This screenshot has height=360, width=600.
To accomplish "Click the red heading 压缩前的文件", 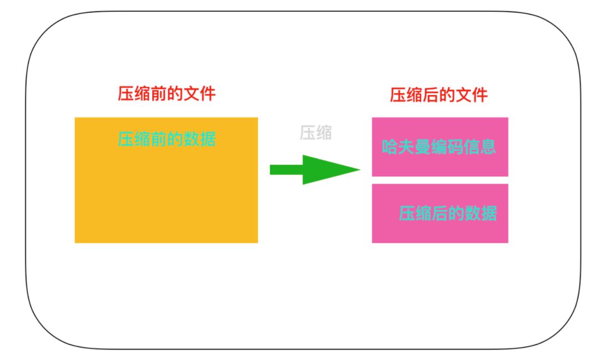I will tap(166, 93).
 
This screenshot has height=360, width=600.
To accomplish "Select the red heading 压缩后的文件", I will tap(438, 95).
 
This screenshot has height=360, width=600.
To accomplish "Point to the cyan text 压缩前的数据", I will tap(166, 138).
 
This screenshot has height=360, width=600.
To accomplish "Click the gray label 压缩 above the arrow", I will tap(316, 133).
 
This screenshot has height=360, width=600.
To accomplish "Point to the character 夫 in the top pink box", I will tap(407, 147).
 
